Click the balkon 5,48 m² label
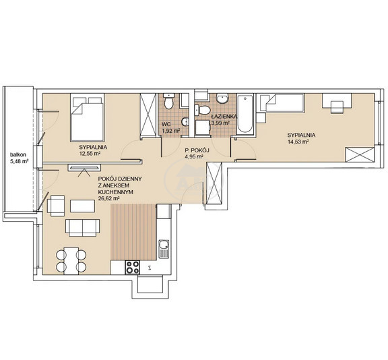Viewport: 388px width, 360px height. point(19,158)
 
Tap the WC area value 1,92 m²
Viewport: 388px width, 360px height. point(170,131)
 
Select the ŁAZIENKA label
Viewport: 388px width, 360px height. point(224,117)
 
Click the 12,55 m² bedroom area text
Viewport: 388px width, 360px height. point(90,154)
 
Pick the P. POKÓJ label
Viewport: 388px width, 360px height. point(197,150)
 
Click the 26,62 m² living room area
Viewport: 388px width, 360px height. point(109,198)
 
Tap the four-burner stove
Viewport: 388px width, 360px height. point(133,268)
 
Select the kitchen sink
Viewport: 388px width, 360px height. point(164,249)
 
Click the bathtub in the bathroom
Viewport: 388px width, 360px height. point(245,115)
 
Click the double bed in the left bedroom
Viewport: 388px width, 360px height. point(87,117)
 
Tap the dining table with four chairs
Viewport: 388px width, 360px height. point(71,261)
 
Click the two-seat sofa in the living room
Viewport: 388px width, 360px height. point(82,228)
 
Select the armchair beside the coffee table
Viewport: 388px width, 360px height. point(56,206)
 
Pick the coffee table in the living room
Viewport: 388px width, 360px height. point(82,206)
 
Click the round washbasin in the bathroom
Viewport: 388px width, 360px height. point(222,98)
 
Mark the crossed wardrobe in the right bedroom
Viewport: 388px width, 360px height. point(360,154)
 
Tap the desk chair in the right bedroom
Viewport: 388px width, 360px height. point(337,107)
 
